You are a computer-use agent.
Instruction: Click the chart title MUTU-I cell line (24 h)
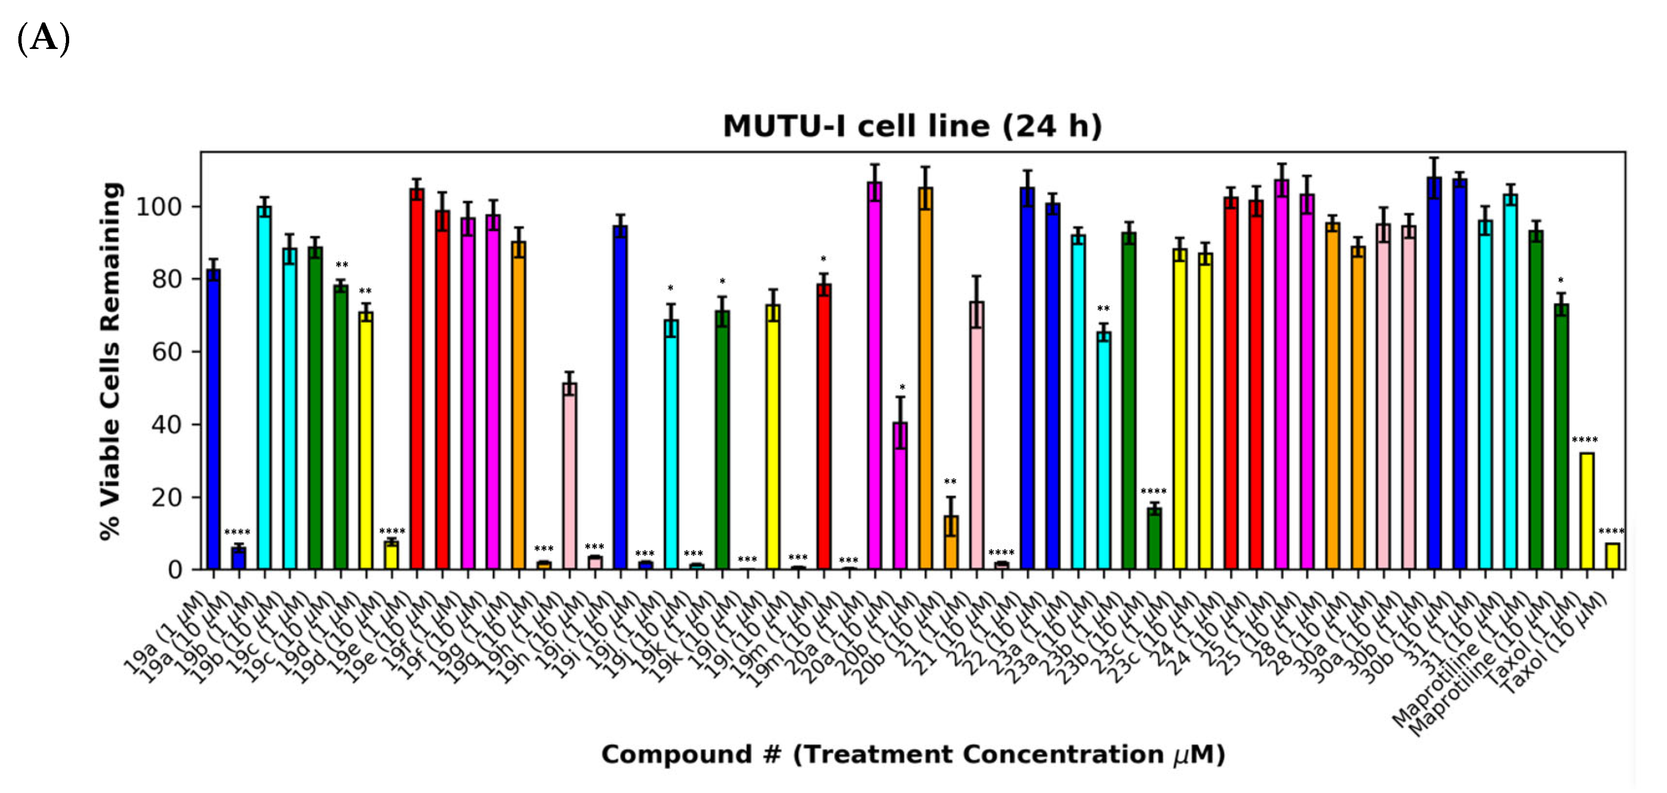point(912,126)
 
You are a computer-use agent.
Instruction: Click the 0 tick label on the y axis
point(175,570)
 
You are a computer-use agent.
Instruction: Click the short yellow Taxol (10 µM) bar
point(1612,557)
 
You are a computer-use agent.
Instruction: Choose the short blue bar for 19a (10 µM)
point(239,558)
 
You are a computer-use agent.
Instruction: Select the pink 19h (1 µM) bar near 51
point(569,476)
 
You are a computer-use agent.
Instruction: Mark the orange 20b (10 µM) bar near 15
point(951,543)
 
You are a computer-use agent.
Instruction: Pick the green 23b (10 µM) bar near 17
point(1155,539)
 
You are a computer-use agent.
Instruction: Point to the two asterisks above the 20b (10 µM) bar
point(950,482)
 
